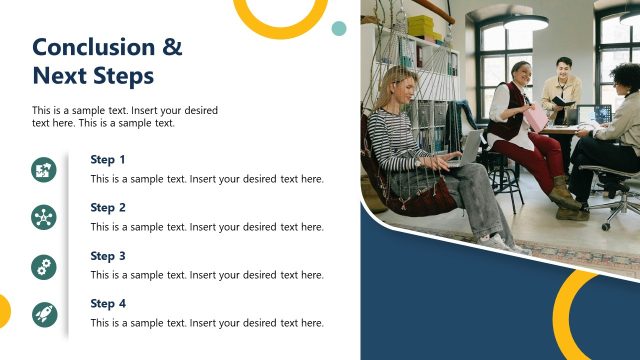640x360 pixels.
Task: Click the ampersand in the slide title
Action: tap(172, 47)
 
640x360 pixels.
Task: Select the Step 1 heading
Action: tap(108, 159)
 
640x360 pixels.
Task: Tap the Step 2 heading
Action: tap(108, 207)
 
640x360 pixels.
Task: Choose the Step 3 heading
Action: tap(108, 255)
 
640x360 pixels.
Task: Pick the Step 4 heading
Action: tap(108, 303)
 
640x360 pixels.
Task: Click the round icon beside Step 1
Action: tap(44, 170)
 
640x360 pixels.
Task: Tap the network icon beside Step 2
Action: tap(44, 218)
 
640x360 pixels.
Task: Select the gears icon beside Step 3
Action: tap(44, 266)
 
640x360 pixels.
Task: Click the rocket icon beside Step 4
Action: tap(44, 314)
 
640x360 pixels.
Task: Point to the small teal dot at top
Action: tap(339, 28)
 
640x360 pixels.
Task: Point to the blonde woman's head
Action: tap(395, 85)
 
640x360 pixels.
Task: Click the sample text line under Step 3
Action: tap(207, 274)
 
